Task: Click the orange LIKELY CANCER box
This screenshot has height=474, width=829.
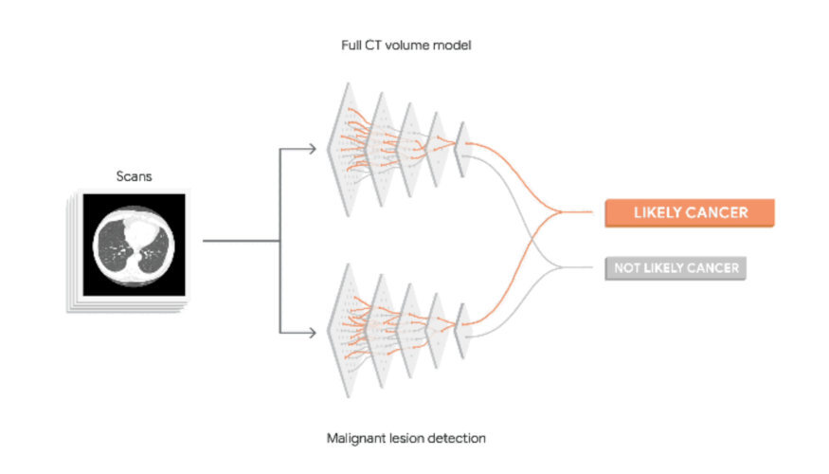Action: click(x=690, y=213)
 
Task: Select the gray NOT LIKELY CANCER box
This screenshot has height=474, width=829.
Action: click(x=676, y=268)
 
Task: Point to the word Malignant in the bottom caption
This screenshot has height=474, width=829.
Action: click(x=352, y=438)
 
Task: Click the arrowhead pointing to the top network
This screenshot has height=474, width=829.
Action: click(x=312, y=148)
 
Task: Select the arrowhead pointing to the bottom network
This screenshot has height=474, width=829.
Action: click(x=312, y=331)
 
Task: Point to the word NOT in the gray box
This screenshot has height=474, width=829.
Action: click(x=626, y=268)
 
